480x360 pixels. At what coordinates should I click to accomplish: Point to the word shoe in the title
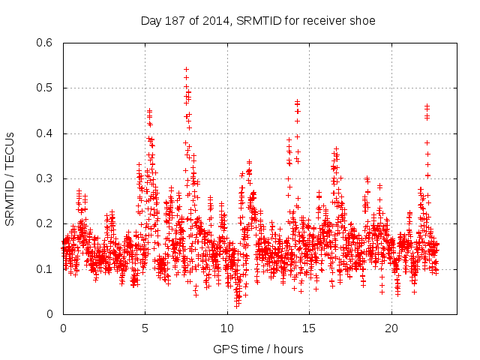[362, 19]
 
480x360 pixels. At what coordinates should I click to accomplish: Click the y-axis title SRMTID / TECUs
[10, 179]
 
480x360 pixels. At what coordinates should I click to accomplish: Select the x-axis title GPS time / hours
[258, 349]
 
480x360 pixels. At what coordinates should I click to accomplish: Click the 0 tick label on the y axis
[50, 314]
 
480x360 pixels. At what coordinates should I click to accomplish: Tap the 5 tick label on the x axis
[145, 328]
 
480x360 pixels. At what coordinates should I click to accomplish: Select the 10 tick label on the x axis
[227, 328]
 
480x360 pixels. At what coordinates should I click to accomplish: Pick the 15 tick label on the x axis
[310, 328]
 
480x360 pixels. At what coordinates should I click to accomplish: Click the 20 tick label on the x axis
[391, 328]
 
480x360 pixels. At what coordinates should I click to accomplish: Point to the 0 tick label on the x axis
[63, 328]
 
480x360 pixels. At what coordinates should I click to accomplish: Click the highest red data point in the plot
[186, 69]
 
